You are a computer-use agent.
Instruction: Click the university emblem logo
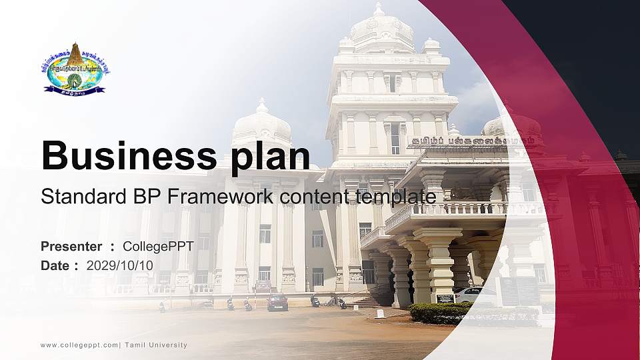[76, 67]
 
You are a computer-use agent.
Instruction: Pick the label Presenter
[71, 247]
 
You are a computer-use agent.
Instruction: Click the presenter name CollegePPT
[158, 247]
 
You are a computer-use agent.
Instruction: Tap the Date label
[55, 265]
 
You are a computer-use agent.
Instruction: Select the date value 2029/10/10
[120, 265]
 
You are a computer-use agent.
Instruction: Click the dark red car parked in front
[277, 302]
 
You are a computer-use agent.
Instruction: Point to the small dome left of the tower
[262, 123]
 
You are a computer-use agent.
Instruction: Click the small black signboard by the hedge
[445, 298]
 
